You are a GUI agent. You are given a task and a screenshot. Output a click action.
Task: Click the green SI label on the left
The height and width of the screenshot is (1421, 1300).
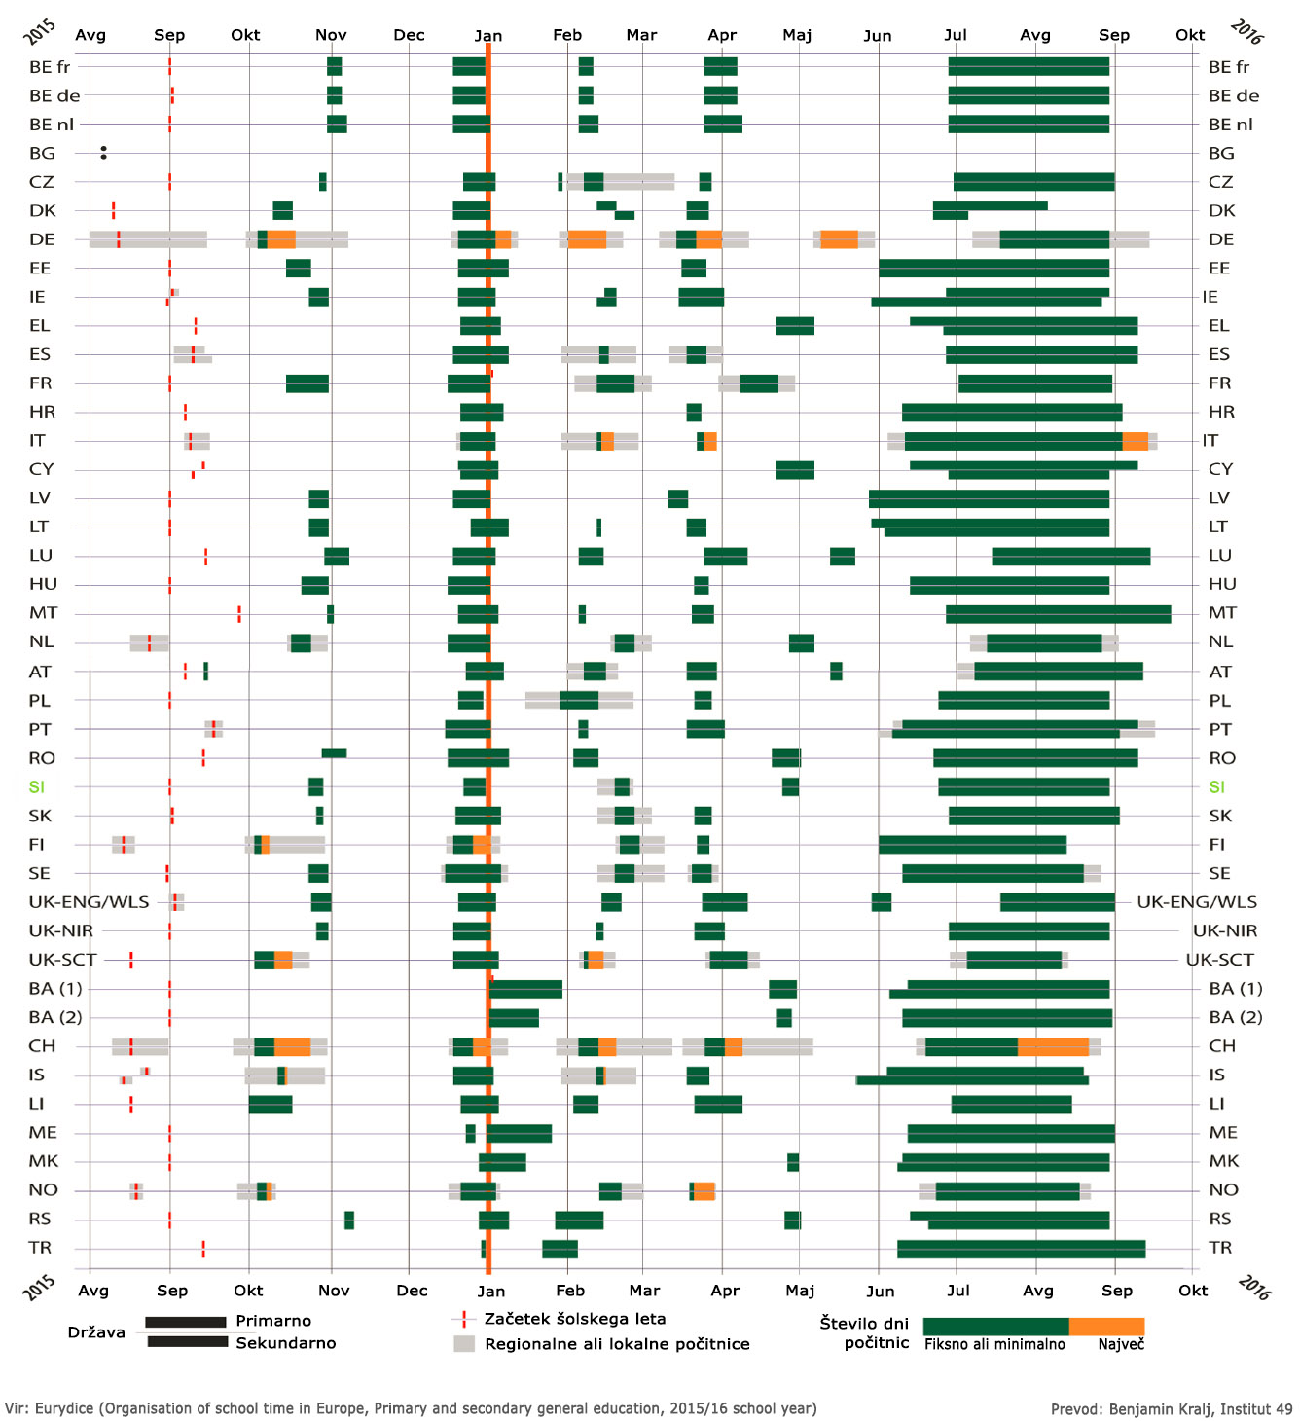[x=37, y=786]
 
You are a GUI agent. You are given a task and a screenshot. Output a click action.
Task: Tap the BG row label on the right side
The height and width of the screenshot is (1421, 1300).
[x=1221, y=153]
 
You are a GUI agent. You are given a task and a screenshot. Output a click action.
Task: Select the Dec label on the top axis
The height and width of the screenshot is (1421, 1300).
[x=409, y=35]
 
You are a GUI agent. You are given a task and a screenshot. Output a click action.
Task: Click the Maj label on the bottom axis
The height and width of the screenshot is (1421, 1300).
[x=800, y=1290]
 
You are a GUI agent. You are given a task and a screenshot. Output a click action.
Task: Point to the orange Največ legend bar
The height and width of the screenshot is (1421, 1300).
[x=1106, y=1327]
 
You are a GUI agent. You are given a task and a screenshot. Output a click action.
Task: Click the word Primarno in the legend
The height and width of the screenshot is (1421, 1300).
[x=273, y=1321]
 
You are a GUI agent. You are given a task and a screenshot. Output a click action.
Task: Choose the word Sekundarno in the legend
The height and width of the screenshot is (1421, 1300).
[x=286, y=1343]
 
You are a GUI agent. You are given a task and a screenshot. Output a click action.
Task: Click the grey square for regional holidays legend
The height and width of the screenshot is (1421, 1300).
[x=464, y=1344]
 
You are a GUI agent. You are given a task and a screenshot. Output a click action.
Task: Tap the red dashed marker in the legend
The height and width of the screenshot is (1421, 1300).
[x=463, y=1320]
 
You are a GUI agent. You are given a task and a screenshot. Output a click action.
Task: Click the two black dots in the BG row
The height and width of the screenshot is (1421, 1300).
[x=103, y=153]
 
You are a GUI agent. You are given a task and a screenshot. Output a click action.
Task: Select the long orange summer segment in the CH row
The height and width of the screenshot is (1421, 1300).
[x=1053, y=1046]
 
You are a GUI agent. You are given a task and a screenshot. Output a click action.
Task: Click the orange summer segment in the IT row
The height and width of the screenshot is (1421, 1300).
[x=1135, y=441]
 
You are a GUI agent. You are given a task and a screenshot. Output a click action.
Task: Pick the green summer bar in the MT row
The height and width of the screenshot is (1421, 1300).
[x=1058, y=613]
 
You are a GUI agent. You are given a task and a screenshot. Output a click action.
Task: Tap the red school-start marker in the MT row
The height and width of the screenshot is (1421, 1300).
[x=239, y=613]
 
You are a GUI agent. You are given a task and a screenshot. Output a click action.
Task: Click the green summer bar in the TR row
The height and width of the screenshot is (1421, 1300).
[x=1021, y=1249]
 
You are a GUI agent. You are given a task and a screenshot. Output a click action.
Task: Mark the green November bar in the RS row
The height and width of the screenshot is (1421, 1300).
[x=349, y=1220]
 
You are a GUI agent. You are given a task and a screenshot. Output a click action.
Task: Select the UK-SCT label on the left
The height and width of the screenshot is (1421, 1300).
[x=62, y=960]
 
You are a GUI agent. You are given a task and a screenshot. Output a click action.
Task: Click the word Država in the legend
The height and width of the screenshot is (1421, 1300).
[x=96, y=1332]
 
